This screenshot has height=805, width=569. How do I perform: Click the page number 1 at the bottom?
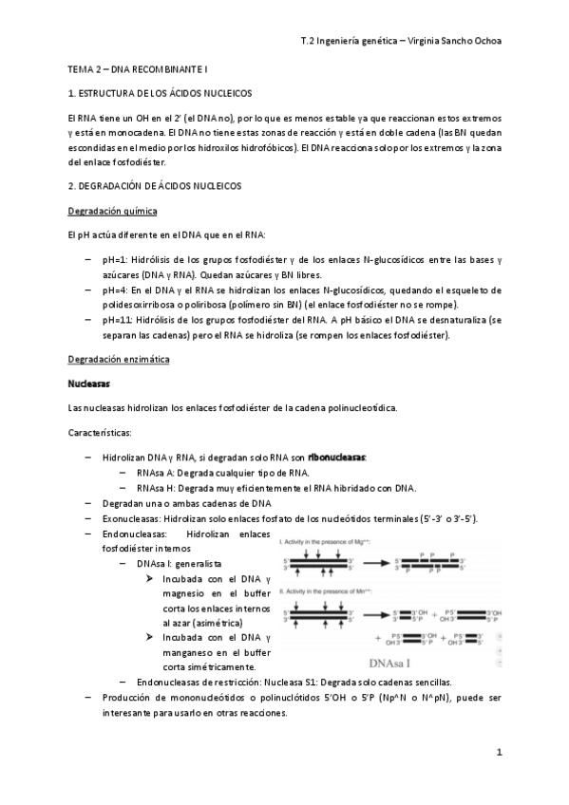coord(498,752)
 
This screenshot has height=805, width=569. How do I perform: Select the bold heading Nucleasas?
coord(90,384)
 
